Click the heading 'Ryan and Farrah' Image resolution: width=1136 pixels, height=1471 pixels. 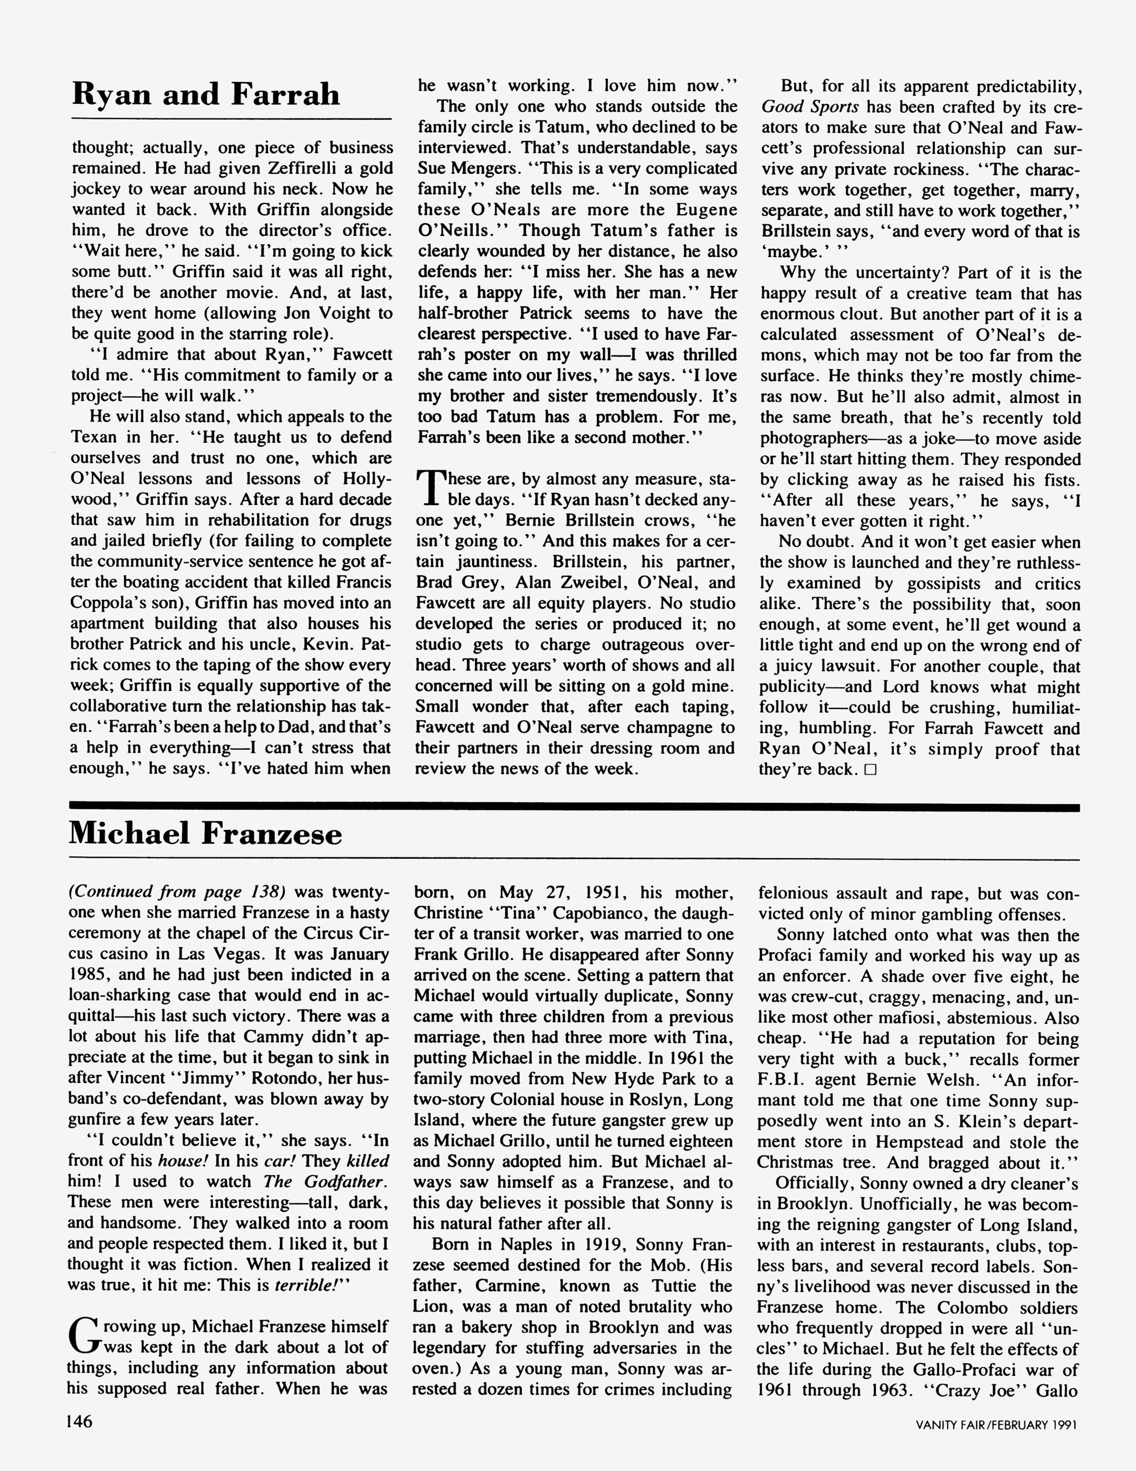tap(205, 94)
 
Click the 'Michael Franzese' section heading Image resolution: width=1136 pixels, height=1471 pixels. tap(205, 834)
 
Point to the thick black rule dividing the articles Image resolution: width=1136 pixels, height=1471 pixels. tap(574, 807)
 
